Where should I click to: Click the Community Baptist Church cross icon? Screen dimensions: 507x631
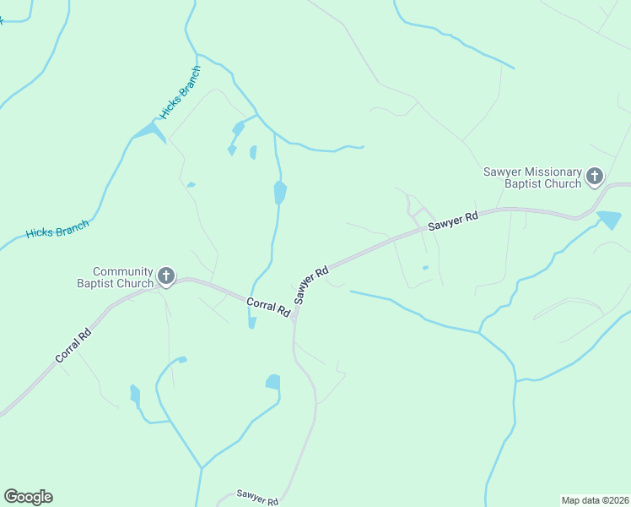pos(166,275)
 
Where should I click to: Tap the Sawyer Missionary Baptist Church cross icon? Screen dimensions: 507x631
pos(595,177)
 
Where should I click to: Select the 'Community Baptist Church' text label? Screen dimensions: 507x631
pos(123,277)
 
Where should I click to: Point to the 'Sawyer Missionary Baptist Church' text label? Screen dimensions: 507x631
pos(532,177)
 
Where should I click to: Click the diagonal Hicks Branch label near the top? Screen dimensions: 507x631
pos(180,92)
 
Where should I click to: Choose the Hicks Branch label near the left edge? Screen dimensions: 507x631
pos(57,228)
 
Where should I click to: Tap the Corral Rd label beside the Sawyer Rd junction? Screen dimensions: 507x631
pos(268,307)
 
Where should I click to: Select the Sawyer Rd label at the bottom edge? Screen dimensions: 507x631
pos(257,497)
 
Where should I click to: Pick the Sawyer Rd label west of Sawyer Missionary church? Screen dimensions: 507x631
pos(453,222)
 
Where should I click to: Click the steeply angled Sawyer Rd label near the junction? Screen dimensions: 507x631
pos(311,286)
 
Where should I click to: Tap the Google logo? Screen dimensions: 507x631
pos(28,497)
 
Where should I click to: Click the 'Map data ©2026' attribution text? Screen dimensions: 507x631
pos(595,499)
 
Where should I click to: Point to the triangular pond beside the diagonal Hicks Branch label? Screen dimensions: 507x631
pos(148,131)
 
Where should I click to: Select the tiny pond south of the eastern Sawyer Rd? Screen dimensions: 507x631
pos(425,268)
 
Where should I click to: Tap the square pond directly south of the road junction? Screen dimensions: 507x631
pos(272,382)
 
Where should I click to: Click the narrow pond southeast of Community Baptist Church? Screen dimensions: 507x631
pos(135,395)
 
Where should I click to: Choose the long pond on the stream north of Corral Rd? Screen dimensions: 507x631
pos(280,193)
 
